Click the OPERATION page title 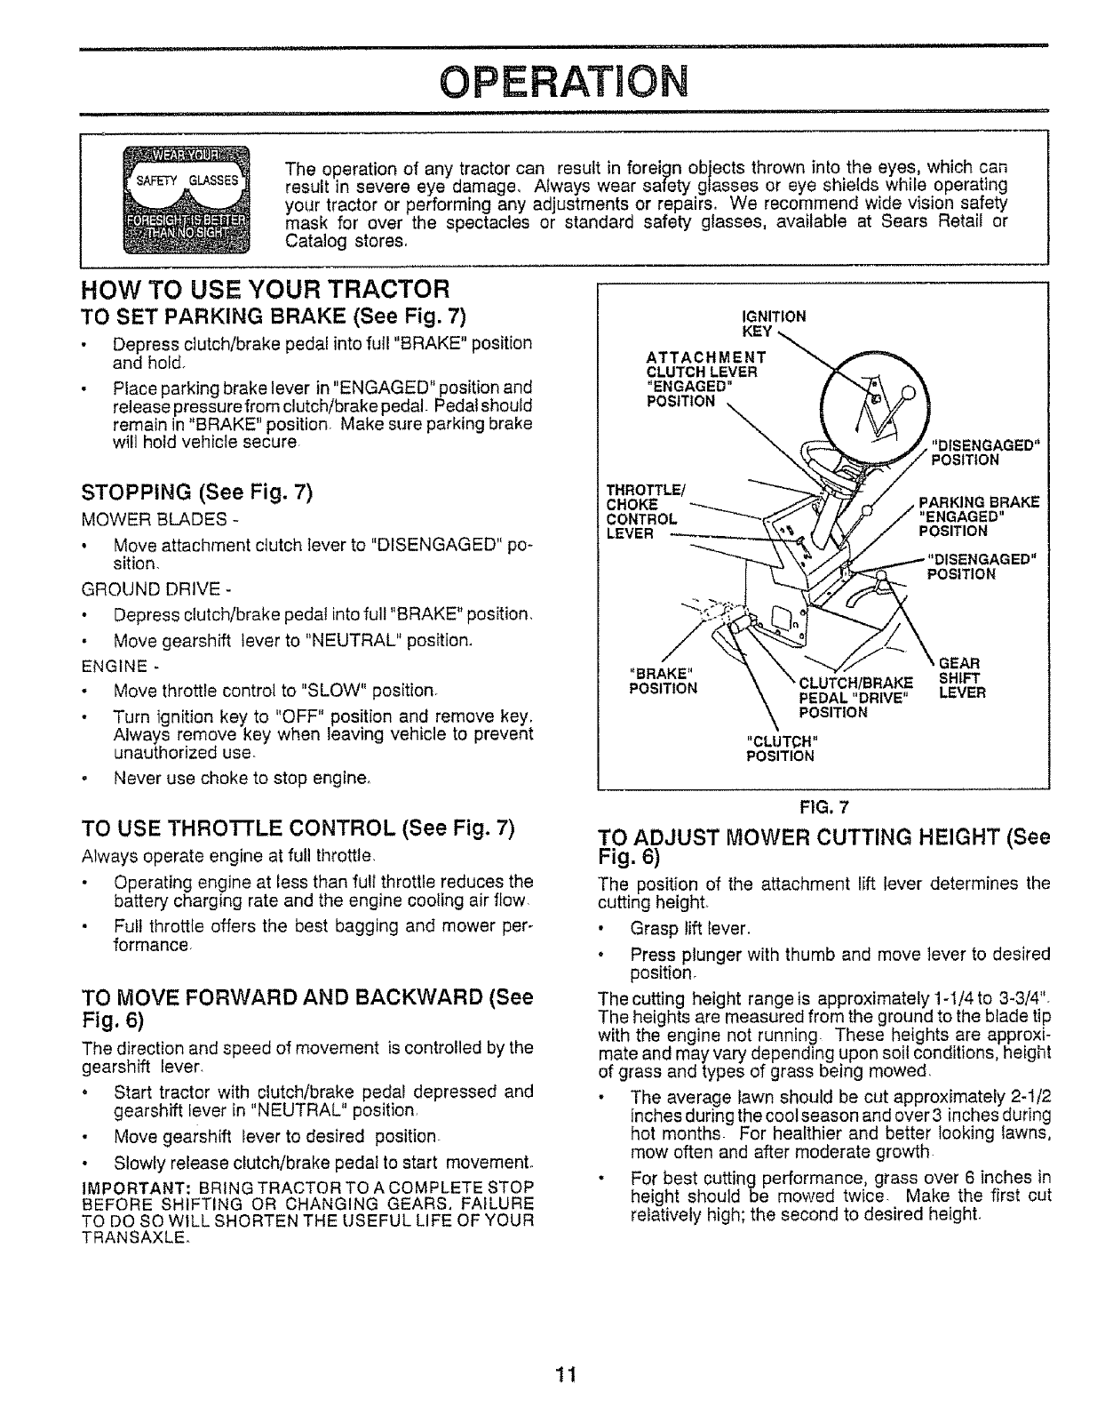click(x=562, y=83)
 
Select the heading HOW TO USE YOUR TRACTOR click(x=265, y=290)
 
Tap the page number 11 click(x=565, y=1375)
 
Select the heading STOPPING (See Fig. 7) click(x=195, y=492)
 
